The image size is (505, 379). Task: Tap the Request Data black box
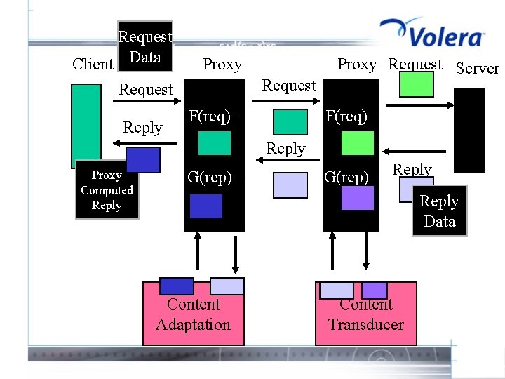pos(145,46)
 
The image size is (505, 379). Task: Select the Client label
pos(93,65)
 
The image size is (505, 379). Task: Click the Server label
pos(477,69)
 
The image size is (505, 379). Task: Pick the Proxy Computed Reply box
pos(107,191)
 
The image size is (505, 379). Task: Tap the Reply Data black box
pos(439,211)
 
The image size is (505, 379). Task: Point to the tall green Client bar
pos(86,123)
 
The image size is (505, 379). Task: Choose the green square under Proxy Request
pos(417,84)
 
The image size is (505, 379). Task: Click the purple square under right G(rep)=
pos(358,198)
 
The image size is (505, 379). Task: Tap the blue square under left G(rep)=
pos(206,206)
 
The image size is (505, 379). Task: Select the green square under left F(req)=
pos(215,143)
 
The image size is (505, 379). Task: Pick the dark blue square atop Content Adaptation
pos(177,286)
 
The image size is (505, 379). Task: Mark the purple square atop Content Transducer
pos(375,290)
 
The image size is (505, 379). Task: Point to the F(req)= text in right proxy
pos(352,114)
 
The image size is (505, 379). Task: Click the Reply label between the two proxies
pos(285,149)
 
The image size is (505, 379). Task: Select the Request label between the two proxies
pos(289,86)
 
